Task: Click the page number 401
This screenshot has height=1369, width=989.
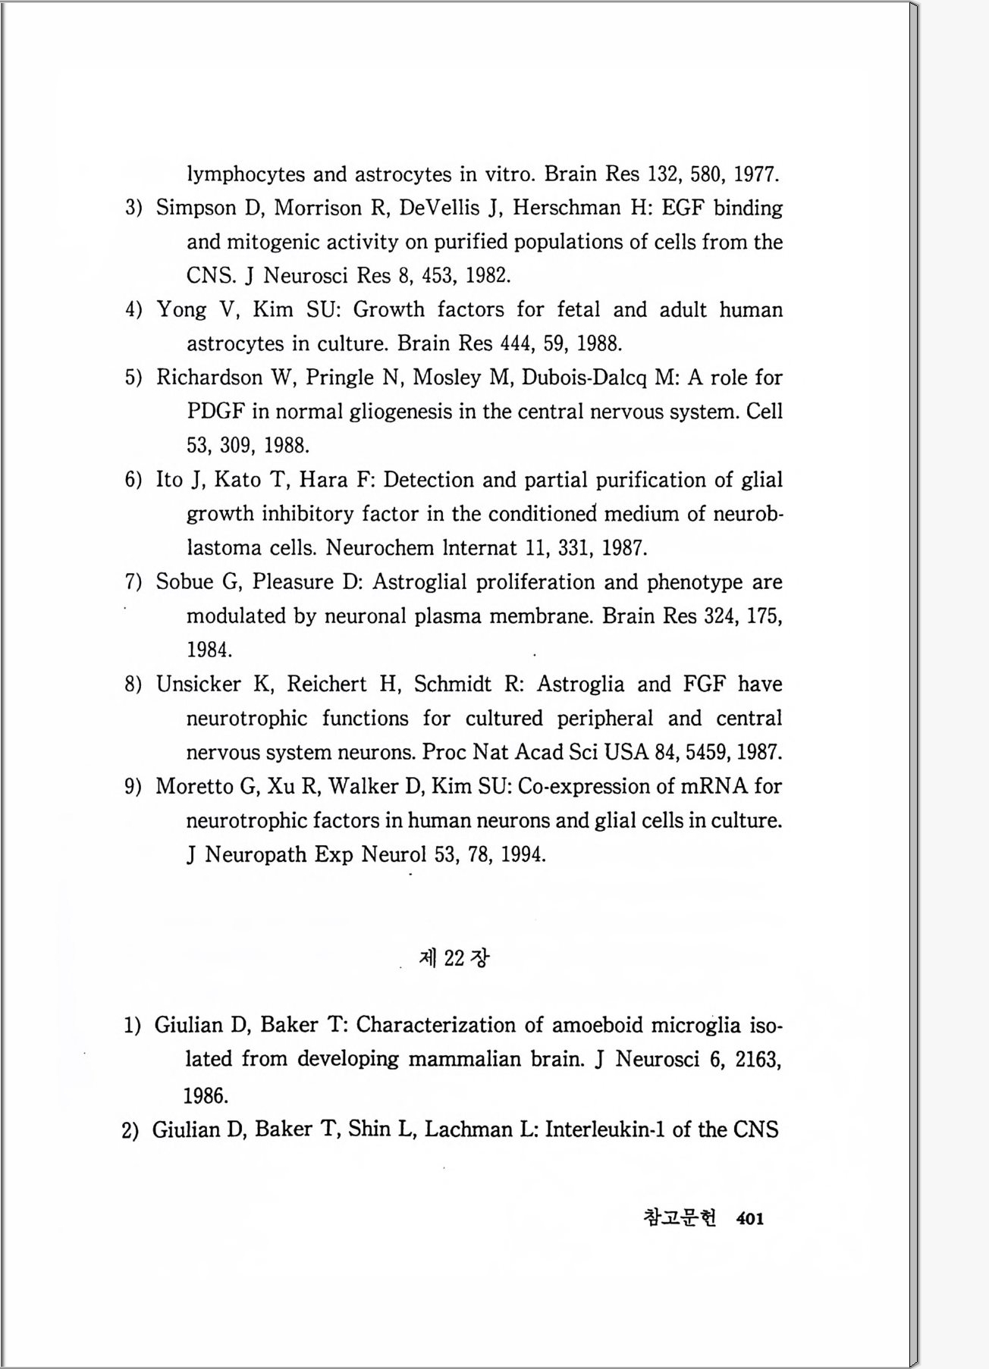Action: [749, 1218]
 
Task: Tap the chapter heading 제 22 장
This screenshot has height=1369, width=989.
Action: [454, 958]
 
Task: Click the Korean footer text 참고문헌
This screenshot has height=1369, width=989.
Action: [679, 1217]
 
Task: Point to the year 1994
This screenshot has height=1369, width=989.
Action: [523, 855]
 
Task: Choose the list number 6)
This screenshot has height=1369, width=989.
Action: [133, 480]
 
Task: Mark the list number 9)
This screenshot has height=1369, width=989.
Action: [133, 787]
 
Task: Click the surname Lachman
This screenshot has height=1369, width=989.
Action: [468, 1129]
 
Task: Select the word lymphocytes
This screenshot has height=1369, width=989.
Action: [246, 174]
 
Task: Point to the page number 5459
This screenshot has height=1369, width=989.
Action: [707, 753]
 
